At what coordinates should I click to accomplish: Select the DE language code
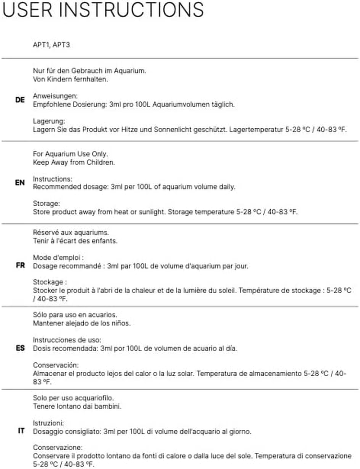[x=20, y=100]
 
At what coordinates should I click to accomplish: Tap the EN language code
[x=20, y=183]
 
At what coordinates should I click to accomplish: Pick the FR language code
[x=20, y=265]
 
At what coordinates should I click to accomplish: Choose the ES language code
[x=20, y=348]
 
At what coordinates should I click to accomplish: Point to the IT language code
[x=21, y=431]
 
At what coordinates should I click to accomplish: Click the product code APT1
[x=42, y=45]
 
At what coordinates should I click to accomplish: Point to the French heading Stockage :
[x=50, y=282]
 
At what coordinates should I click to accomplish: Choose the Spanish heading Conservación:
[x=56, y=365]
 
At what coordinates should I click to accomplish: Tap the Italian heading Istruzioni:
[x=48, y=423]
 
